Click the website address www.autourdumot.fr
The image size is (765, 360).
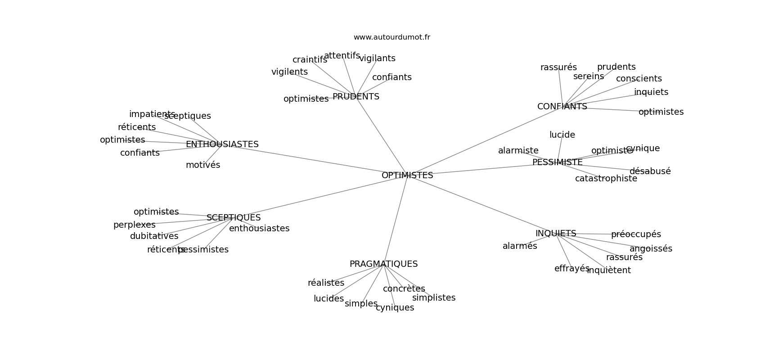(x=391, y=37)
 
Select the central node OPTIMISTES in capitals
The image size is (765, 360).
(x=407, y=175)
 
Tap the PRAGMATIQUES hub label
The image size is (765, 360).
(x=383, y=264)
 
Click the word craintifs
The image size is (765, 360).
(x=310, y=60)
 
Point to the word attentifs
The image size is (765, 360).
(x=342, y=56)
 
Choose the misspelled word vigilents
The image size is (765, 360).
(x=289, y=72)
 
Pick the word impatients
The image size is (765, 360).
(x=152, y=114)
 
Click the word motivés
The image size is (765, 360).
(x=203, y=165)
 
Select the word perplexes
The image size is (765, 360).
(x=134, y=225)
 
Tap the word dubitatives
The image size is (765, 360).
(x=154, y=236)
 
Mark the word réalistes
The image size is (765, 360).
(x=326, y=283)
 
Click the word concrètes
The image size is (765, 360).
(x=404, y=289)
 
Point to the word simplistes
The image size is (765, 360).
(x=433, y=298)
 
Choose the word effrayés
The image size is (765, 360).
(x=571, y=269)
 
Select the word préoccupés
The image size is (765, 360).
(x=636, y=234)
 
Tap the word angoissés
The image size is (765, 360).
(x=651, y=249)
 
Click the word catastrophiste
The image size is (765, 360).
(x=606, y=179)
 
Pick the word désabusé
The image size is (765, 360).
(x=650, y=171)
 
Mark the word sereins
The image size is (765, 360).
(x=588, y=76)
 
